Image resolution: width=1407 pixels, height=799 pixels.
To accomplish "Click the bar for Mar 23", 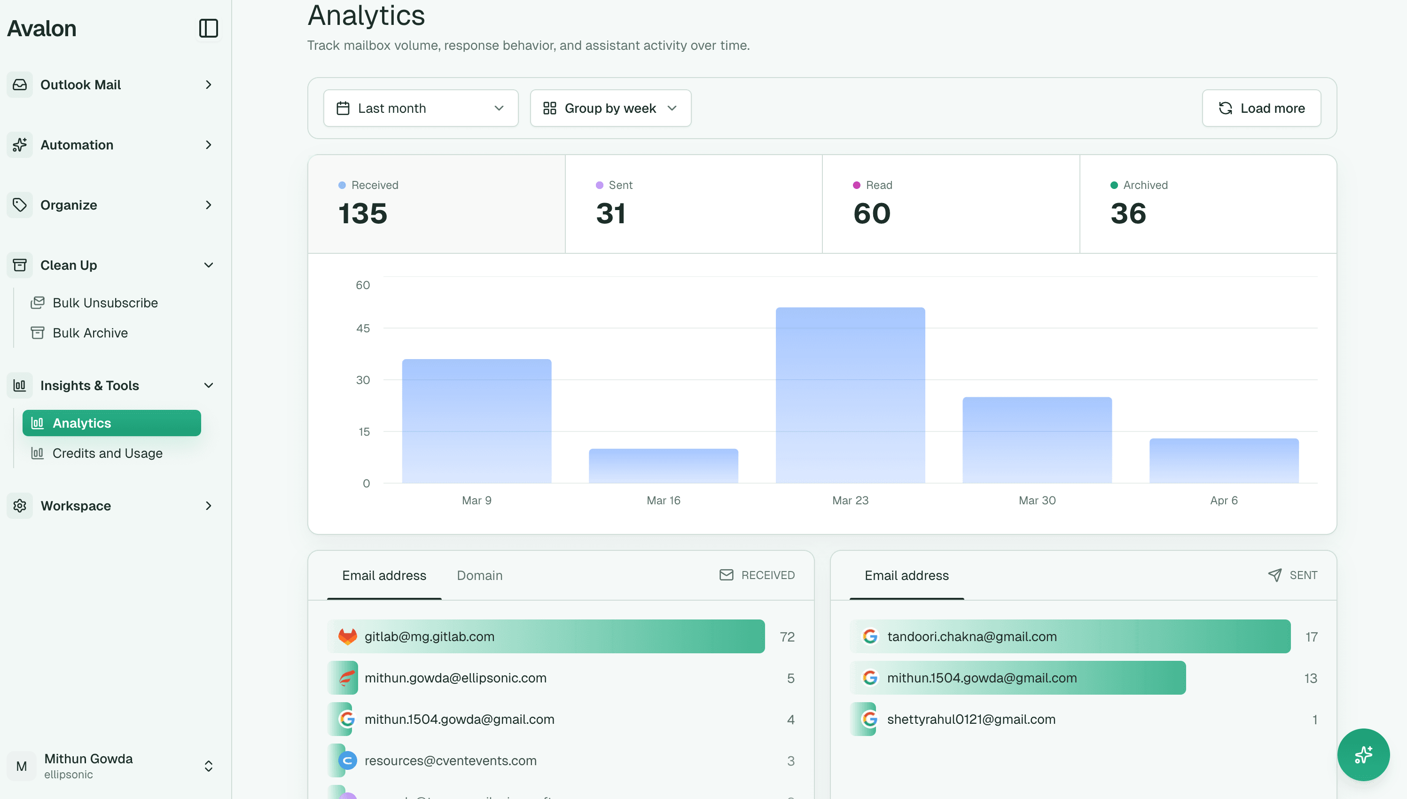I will click(x=850, y=395).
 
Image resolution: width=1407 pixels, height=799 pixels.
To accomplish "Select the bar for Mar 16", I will click(x=663, y=466).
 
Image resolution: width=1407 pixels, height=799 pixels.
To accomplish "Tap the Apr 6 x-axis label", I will click(x=1223, y=501).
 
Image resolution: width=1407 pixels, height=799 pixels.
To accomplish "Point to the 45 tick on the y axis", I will click(x=363, y=329).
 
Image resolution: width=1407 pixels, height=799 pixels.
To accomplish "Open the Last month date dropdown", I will click(x=421, y=108).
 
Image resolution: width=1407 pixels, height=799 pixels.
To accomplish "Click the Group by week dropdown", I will click(x=610, y=108).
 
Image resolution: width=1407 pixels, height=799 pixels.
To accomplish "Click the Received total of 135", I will click(x=363, y=213).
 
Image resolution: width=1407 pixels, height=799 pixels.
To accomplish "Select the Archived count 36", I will click(x=1128, y=213).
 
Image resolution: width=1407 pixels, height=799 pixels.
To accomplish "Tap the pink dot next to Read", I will click(x=856, y=186).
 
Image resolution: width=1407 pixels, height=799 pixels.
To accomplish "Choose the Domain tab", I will click(x=479, y=576).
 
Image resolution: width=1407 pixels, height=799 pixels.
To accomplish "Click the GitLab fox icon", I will click(x=347, y=636).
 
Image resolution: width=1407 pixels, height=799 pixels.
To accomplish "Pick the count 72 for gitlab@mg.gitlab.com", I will click(x=787, y=637).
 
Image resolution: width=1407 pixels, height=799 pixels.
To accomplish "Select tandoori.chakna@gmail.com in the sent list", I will click(x=971, y=636).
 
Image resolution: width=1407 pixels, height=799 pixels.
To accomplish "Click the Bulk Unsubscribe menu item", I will click(x=105, y=303).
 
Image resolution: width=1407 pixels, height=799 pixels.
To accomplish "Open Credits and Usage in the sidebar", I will click(x=107, y=453).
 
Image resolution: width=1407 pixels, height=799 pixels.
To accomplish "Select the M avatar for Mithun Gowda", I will click(x=22, y=766).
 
